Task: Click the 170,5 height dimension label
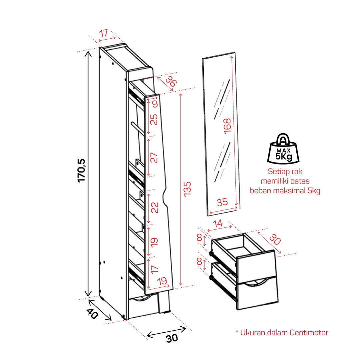tap(81, 171)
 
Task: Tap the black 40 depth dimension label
tap(92, 314)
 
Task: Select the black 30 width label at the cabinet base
tap(172, 338)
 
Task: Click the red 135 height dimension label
tap(187, 189)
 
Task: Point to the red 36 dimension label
tap(171, 81)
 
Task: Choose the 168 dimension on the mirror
tap(227, 126)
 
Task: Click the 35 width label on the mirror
tap(222, 202)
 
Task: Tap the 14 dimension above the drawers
tap(217, 223)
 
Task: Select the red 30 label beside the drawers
tap(275, 239)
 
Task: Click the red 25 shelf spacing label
tap(154, 119)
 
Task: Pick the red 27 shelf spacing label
tap(154, 158)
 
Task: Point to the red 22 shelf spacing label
tap(155, 207)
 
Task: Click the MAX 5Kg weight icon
tap(283, 149)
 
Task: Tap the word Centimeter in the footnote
tap(309, 333)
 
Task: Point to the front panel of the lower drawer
tap(258, 293)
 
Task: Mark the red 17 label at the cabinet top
tap(104, 33)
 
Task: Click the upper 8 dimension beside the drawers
tap(199, 238)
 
